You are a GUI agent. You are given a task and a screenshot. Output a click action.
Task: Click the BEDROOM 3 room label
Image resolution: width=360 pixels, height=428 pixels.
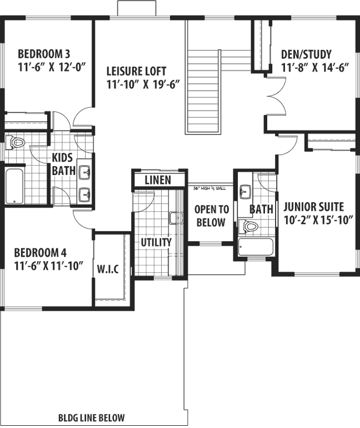[x=43, y=54]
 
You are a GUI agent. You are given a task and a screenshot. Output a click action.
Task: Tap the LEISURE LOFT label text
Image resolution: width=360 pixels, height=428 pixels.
[x=137, y=72]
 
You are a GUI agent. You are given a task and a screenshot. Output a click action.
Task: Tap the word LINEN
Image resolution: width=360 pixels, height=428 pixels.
[x=157, y=181]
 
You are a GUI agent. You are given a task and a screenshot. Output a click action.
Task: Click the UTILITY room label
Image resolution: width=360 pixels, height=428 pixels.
[x=156, y=243]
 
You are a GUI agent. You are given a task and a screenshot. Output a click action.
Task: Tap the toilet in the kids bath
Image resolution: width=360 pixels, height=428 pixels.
[x=17, y=142]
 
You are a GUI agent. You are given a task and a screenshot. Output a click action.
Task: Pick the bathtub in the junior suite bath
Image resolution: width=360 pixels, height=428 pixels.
[x=255, y=247]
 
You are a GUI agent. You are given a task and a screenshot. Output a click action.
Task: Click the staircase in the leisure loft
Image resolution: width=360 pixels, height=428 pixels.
[x=204, y=92]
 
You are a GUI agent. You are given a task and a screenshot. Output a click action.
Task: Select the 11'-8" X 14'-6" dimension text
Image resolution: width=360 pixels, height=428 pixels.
[x=314, y=69]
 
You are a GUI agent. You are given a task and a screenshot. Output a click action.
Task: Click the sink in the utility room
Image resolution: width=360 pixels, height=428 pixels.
[x=176, y=218]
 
